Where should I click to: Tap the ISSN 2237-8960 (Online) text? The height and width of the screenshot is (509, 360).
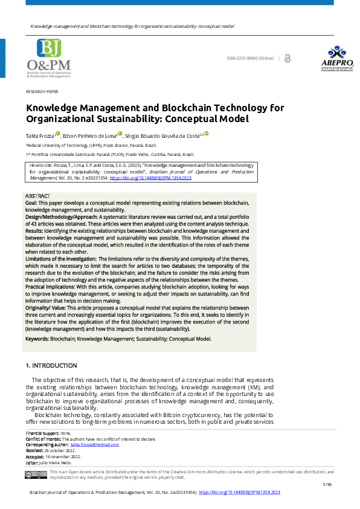point(250,58)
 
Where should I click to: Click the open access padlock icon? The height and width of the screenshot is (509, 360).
point(288,58)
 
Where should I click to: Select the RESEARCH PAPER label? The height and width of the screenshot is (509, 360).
point(42,91)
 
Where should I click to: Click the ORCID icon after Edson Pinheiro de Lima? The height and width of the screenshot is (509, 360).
point(120,134)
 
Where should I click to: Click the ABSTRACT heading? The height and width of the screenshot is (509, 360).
point(37,196)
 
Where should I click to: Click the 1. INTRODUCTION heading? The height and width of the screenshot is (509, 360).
point(51,366)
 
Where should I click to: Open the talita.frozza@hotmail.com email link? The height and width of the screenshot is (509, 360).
point(98,444)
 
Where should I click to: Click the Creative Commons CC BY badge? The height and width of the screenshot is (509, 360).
point(36,475)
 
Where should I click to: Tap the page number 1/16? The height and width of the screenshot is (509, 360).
point(327,485)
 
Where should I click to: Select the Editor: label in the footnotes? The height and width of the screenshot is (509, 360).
point(32,462)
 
